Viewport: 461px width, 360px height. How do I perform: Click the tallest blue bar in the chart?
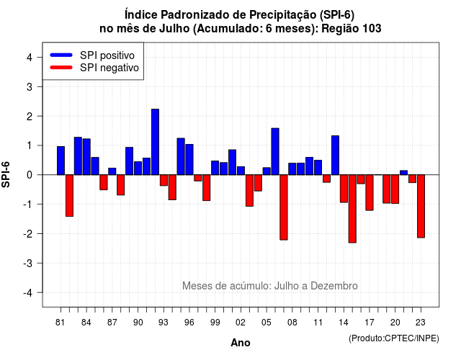[156, 142]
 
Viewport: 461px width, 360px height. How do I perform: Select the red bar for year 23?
[421, 206]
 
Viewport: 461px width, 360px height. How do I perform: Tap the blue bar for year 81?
[61, 161]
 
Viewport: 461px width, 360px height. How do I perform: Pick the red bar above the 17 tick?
[370, 192]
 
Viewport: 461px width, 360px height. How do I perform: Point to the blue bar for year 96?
[189, 160]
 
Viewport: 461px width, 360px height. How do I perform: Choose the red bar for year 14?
[344, 189]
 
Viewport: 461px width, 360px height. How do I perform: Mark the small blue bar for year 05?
[267, 171]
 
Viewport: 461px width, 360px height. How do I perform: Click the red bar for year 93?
[164, 180]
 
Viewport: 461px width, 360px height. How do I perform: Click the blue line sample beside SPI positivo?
[61, 55]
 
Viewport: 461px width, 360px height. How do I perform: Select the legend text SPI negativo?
[109, 68]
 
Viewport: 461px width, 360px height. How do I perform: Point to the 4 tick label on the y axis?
[30, 58]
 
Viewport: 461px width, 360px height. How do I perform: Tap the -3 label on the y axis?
[27, 263]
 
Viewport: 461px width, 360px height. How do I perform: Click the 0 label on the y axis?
[30, 175]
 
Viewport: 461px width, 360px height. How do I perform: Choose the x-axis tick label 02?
[241, 323]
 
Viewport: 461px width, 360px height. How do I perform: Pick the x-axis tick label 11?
[318, 323]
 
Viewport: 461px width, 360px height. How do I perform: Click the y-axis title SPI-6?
[6, 174]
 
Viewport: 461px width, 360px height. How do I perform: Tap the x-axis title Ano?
[241, 343]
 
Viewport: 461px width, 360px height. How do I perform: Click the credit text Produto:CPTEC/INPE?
[394, 338]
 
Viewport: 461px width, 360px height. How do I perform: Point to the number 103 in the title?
[372, 29]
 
